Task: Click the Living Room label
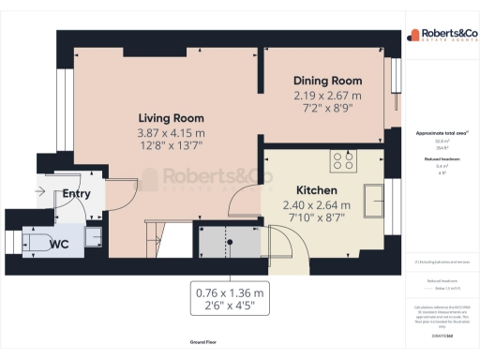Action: coord(172,119)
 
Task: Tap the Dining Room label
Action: coord(326,82)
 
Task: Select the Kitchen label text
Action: coord(317,190)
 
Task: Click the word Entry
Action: coord(77,194)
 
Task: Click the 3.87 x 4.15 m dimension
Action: coord(172,133)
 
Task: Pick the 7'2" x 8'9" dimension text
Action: coord(326,110)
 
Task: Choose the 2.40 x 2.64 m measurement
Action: coord(317,205)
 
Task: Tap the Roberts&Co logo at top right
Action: coord(441,37)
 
